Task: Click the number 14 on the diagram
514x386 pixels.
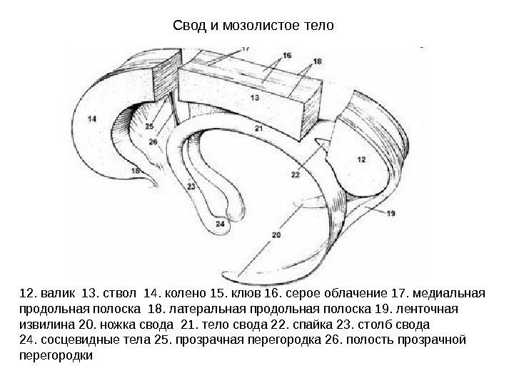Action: point(94,120)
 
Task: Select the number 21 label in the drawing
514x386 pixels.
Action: point(258,128)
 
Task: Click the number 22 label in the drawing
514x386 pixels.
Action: point(296,174)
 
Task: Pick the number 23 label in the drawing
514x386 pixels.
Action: point(191,187)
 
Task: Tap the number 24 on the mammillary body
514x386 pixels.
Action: point(220,224)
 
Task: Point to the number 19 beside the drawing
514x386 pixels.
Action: point(391,213)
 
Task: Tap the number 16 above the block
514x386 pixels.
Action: point(287,54)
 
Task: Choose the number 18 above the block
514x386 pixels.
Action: point(317,61)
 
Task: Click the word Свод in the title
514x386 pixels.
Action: point(188,27)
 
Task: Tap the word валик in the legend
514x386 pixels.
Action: point(58,293)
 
